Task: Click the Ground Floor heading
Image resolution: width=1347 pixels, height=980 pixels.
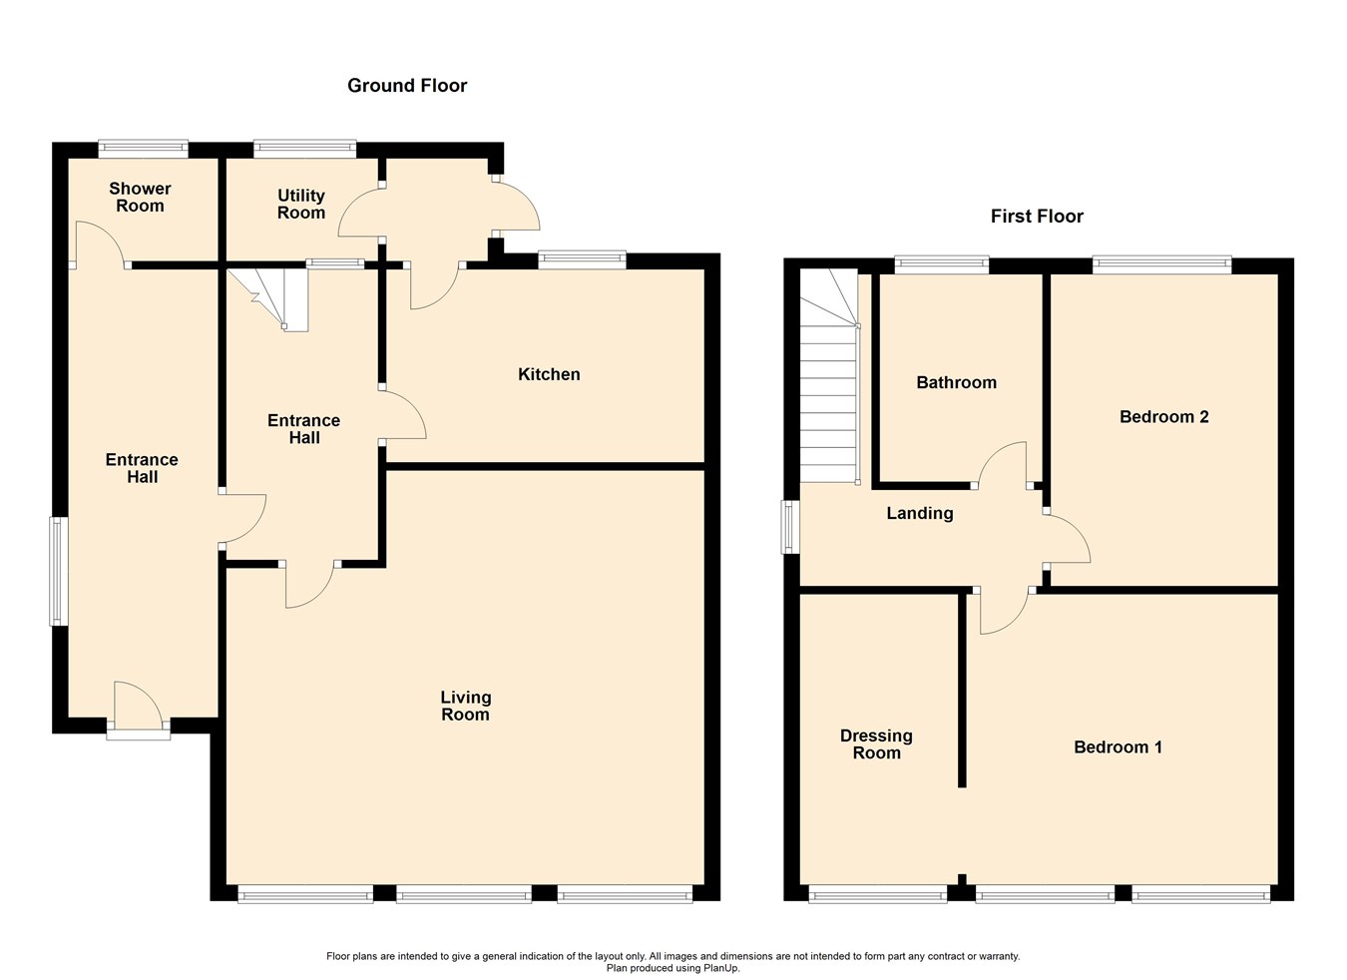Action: (407, 86)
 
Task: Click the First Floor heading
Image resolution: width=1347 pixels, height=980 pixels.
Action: (1037, 217)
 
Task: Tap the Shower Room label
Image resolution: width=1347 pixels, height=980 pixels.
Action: (140, 198)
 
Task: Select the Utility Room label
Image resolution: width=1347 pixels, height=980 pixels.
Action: (301, 205)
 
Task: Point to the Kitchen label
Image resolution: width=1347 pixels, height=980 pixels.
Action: (549, 375)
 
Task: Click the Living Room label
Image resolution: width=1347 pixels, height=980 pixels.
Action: (465, 706)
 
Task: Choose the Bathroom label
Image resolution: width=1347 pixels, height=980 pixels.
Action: (956, 383)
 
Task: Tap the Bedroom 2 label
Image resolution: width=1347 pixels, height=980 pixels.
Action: (1163, 417)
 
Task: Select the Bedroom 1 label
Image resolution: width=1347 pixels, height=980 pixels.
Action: (1118, 747)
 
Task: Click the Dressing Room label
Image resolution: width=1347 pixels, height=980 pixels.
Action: (876, 744)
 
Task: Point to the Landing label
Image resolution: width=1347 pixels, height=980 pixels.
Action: (920, 514)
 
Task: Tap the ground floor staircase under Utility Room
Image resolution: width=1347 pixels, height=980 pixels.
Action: (269, 296)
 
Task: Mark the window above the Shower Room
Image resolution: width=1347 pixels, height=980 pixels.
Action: (143, 150)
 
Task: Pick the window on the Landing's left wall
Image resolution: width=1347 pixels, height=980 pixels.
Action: (790, 527)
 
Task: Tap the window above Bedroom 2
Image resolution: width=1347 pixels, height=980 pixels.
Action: (1161, 264)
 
